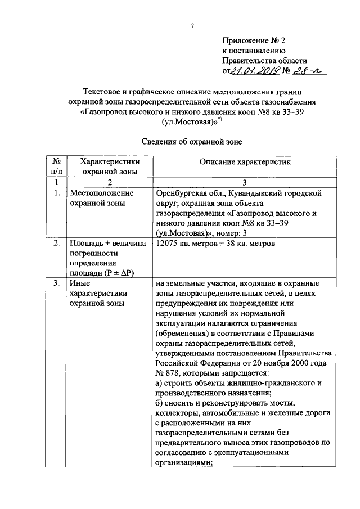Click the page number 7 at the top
tap(192, 25)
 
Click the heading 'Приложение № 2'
tap(254, 40)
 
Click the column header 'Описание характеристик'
tap(242, 163)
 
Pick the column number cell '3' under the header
tap(243, 182)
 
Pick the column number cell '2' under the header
tap(109, 182)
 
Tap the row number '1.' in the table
tap(56, 193)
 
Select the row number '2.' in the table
tap(56, 244)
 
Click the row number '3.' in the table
tap(56, 284)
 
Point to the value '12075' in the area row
tap(168, 244)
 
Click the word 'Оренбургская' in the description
tap(183, 193)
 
